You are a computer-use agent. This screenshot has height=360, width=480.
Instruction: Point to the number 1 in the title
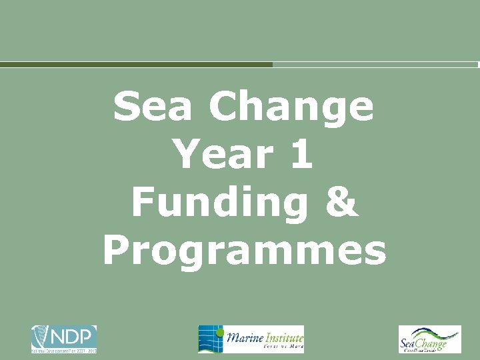tap(300, 155)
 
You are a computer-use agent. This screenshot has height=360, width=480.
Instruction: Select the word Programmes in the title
tap(245, 251)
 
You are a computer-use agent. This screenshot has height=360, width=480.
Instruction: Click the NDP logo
tap(63, 339)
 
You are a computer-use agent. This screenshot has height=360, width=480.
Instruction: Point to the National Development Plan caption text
tap(63, 350)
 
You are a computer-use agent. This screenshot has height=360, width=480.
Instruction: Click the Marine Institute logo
tap(251, 339)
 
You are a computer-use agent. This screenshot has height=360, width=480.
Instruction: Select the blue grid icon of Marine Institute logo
tap(211, 339)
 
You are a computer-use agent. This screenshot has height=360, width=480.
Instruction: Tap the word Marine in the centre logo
tap(245, 337)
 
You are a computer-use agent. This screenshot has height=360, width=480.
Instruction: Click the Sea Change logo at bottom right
tap(429, 339)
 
